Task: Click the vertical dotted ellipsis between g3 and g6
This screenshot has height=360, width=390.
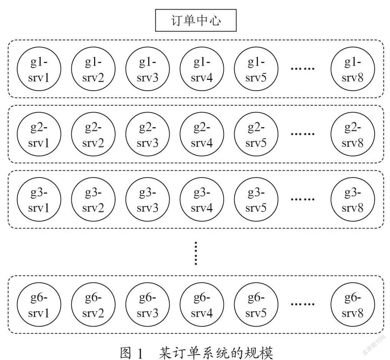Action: click(196, 253)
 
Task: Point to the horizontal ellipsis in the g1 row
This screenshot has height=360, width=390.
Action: click(303, 68)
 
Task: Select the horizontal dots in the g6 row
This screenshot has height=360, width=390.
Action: click(303, 304)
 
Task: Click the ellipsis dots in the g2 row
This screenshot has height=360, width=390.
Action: click(303, 134)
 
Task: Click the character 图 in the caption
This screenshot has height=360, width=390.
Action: click(126, 353)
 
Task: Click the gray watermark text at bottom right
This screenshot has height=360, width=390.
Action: click(374, 345)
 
